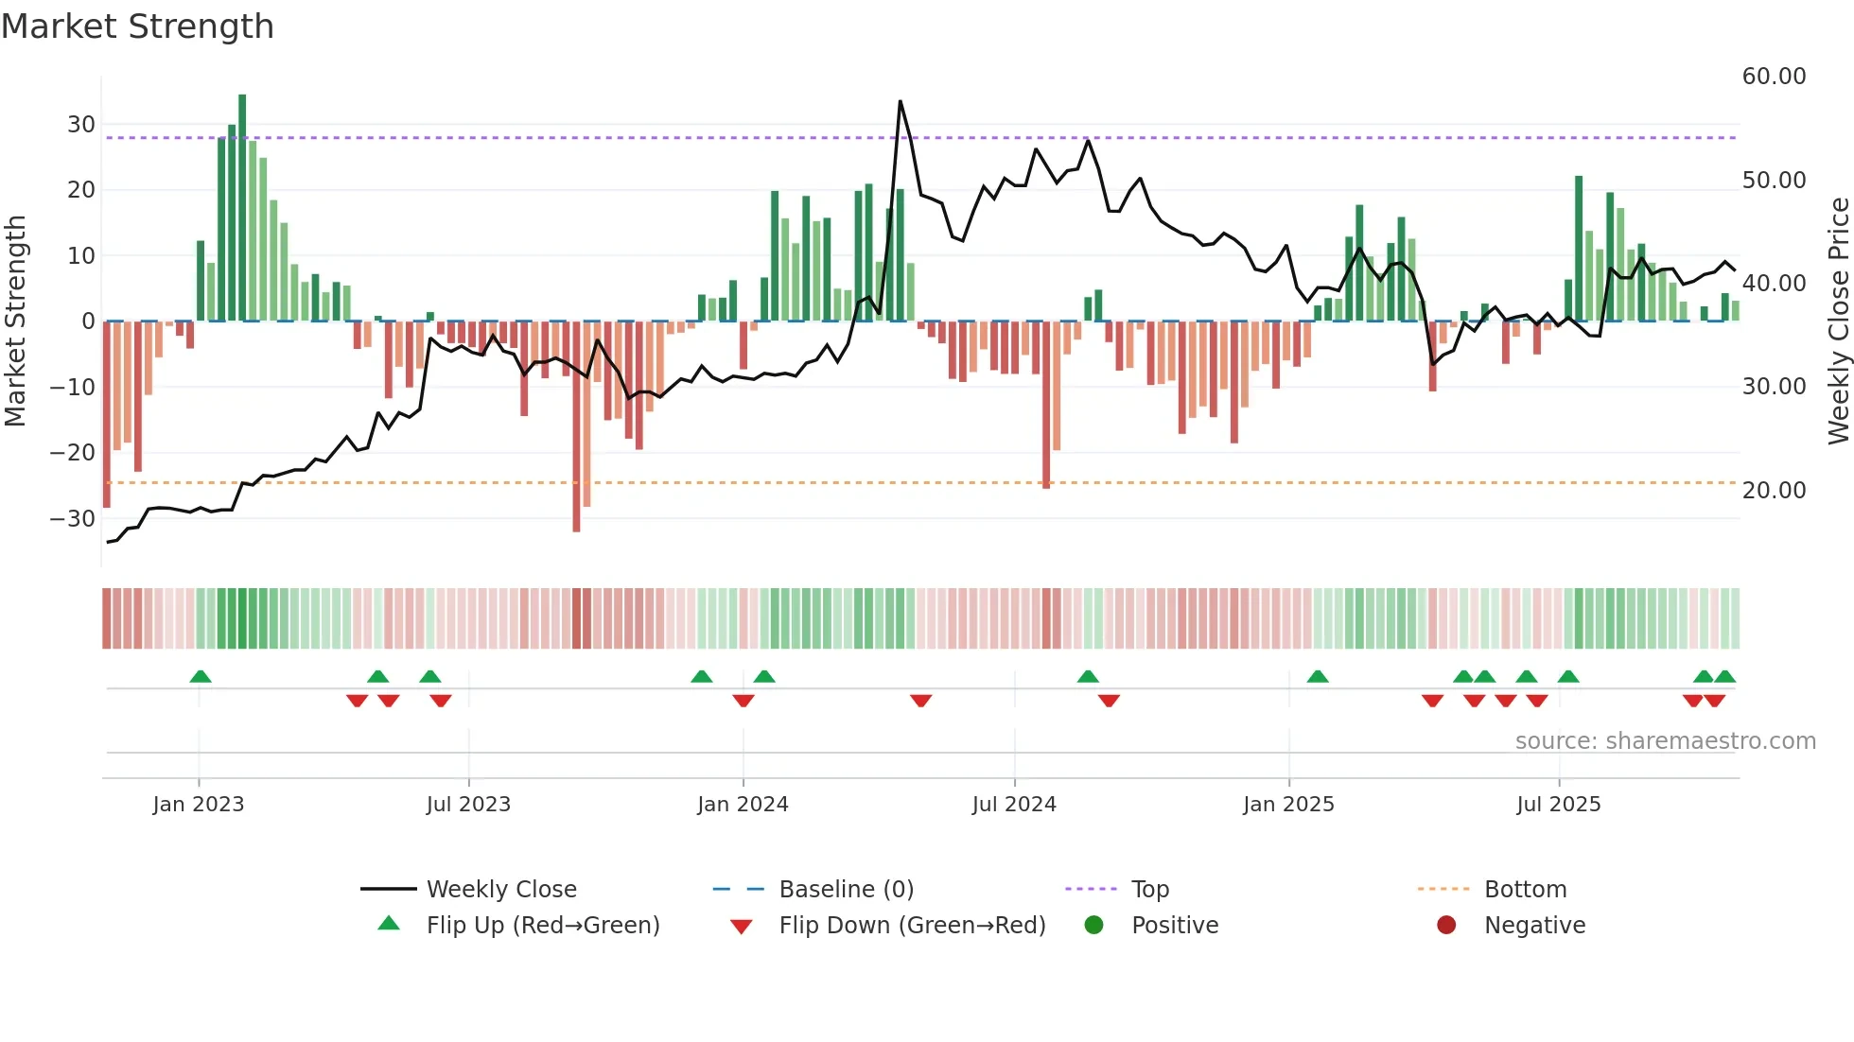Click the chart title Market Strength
coord(137,26)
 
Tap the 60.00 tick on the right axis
coord(1774,77)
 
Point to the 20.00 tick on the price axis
coord(1774,490)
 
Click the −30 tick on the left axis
coord(73,518)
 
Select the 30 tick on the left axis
coord(81,125)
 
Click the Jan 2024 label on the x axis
coord(743,805)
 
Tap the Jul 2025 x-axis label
coord(1558,805)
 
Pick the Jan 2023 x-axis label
coord(199,805)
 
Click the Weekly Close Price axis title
coord(1838,321)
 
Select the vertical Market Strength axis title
coord(15,321)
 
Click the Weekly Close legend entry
coord(500,890)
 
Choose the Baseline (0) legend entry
coord(846,890)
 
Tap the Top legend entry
coord(1149,890)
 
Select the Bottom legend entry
coord(1525,890)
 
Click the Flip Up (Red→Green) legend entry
coord(542,926)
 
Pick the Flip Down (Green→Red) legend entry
coord(912,926)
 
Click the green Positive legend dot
coord(1094,926)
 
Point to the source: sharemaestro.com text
coord(1665,741)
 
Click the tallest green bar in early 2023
coord(242,208)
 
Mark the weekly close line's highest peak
coord(900,102)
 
